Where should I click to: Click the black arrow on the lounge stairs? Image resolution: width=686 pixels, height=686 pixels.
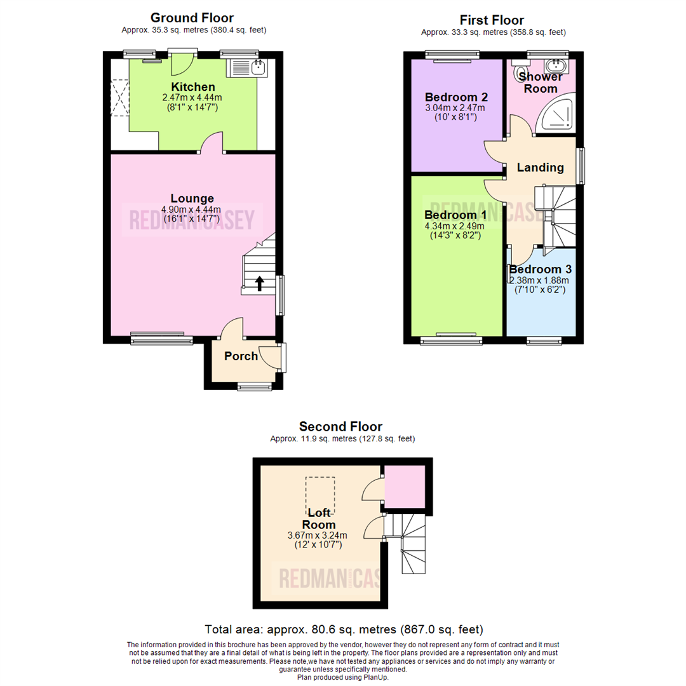(260, 282)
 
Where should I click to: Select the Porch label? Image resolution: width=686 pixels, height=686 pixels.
(241, 356)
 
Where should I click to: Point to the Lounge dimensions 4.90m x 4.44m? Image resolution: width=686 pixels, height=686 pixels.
(191, 210)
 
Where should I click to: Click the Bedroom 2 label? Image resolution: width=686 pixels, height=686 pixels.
(456, 97)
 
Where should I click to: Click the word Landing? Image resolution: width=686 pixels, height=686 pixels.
(540, 168)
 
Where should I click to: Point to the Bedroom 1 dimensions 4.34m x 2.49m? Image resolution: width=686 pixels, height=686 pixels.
(454, 225)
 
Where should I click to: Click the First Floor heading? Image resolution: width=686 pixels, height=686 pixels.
(493, 20)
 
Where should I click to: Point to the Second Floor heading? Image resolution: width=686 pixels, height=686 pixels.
(341, 426)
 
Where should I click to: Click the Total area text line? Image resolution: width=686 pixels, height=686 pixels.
(344, 629)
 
